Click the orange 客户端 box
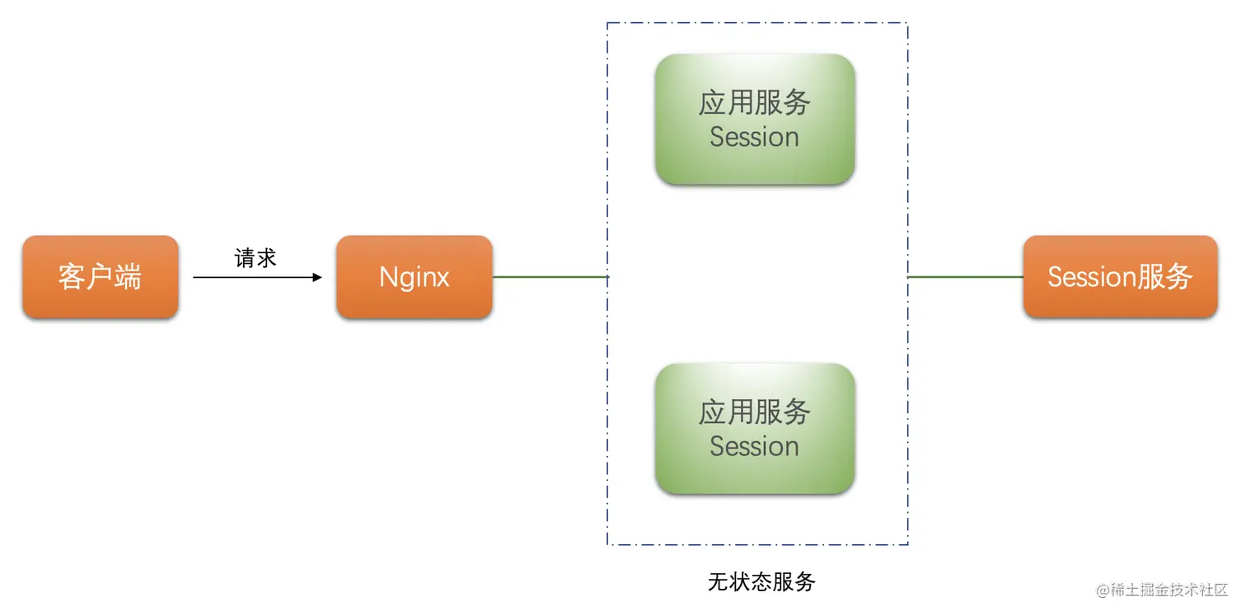[x=100, y=277]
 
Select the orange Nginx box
[x=414, y=277]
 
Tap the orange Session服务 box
[x=1120, y=277]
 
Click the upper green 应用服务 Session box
[x=754, y=120]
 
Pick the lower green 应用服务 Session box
[x=754, y=429]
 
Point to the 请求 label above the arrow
[x=255, y=259]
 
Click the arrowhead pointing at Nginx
[x=317, y=278]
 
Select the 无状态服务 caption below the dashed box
[x=761, y=582]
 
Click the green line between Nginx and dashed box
[x=550, y=277]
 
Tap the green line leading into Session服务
[x=965, y=277]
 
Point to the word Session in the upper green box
[x=754, y=137]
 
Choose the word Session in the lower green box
[x=754, y=446]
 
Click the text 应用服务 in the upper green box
[x=754, y=103]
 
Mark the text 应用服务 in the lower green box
[x=754, y=412]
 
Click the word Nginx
[x=414, y=277]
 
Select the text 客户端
[x=100, y=277]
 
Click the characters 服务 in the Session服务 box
[x=1165, y=277]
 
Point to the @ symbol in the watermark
[x=1103, y=590]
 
